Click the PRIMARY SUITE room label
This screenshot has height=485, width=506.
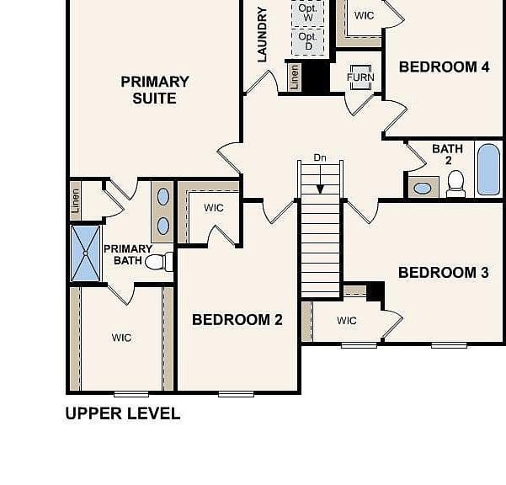(155, 90)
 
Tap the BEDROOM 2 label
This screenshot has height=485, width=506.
(237, 320)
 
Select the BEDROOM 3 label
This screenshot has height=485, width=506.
(444, 273)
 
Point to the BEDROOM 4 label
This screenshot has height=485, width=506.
(444, 67)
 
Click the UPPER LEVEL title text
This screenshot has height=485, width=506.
(123, 413)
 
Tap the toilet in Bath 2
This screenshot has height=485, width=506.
(456, 184)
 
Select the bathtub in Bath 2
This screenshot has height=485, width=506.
(488, 169)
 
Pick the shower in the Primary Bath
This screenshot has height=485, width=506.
(86, 253)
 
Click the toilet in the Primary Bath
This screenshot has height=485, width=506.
(159, 262)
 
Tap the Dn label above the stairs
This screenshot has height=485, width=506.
(320, 157)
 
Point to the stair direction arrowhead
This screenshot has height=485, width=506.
(320, 189)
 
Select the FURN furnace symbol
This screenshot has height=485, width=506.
(361, 77)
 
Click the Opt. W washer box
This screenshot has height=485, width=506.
(308, 13)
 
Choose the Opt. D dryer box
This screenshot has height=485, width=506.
(308, 41)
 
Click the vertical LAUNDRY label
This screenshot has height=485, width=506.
(263, 35)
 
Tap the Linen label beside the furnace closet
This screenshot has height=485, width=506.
(294, 77)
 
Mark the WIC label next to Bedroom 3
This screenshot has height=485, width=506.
(347, 321)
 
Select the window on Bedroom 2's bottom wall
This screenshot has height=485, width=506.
(236, 394)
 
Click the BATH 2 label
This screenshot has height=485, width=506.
(448, 154)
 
